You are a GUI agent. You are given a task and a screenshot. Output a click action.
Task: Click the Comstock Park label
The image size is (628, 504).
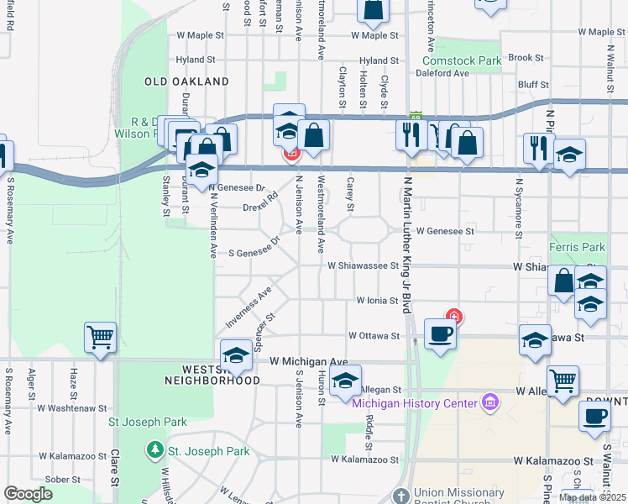[462, 60]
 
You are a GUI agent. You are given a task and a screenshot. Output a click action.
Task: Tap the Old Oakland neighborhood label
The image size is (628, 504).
[186, 81]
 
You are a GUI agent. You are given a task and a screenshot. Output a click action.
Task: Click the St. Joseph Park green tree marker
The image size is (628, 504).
[154, 451]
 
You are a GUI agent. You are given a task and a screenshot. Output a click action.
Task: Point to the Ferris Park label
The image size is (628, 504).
[577, 248]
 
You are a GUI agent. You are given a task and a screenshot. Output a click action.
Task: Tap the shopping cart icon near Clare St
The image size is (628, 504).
[100, 338]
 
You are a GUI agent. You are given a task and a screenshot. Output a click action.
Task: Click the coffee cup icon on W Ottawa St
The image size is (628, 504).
[440, 333]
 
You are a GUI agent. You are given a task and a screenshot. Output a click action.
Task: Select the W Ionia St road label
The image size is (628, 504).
[375, 300]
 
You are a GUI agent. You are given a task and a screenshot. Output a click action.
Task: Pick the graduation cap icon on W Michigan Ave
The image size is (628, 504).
[236, 354]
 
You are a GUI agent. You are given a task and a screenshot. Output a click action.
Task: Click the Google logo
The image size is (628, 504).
[28, 494]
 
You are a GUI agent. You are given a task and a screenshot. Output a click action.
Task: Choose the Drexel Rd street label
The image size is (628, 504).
[260, 206]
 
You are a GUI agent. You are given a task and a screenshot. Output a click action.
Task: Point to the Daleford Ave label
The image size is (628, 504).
[445, 73]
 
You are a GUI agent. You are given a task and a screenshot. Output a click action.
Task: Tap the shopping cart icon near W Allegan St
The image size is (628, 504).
[562, 380]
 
